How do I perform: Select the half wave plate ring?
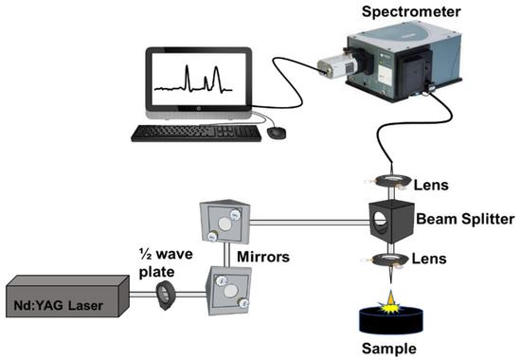169,294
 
